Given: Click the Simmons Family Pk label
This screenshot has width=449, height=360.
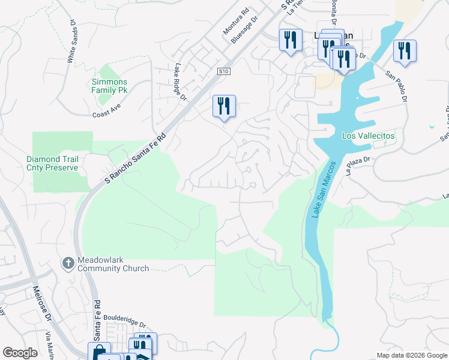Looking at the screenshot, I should coord(110,86).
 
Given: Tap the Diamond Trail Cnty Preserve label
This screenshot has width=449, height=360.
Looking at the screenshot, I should coord(52,163).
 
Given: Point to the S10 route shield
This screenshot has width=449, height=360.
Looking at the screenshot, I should coord(224,71).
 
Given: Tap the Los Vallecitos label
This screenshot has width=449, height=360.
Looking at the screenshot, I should coord(369,136).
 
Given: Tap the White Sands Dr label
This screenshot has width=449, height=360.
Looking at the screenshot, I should coord(72,42).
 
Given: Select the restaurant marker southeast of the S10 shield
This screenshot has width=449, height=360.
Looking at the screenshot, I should coord(224,106).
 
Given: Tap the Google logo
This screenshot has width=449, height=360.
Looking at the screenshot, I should coord(20,353).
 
